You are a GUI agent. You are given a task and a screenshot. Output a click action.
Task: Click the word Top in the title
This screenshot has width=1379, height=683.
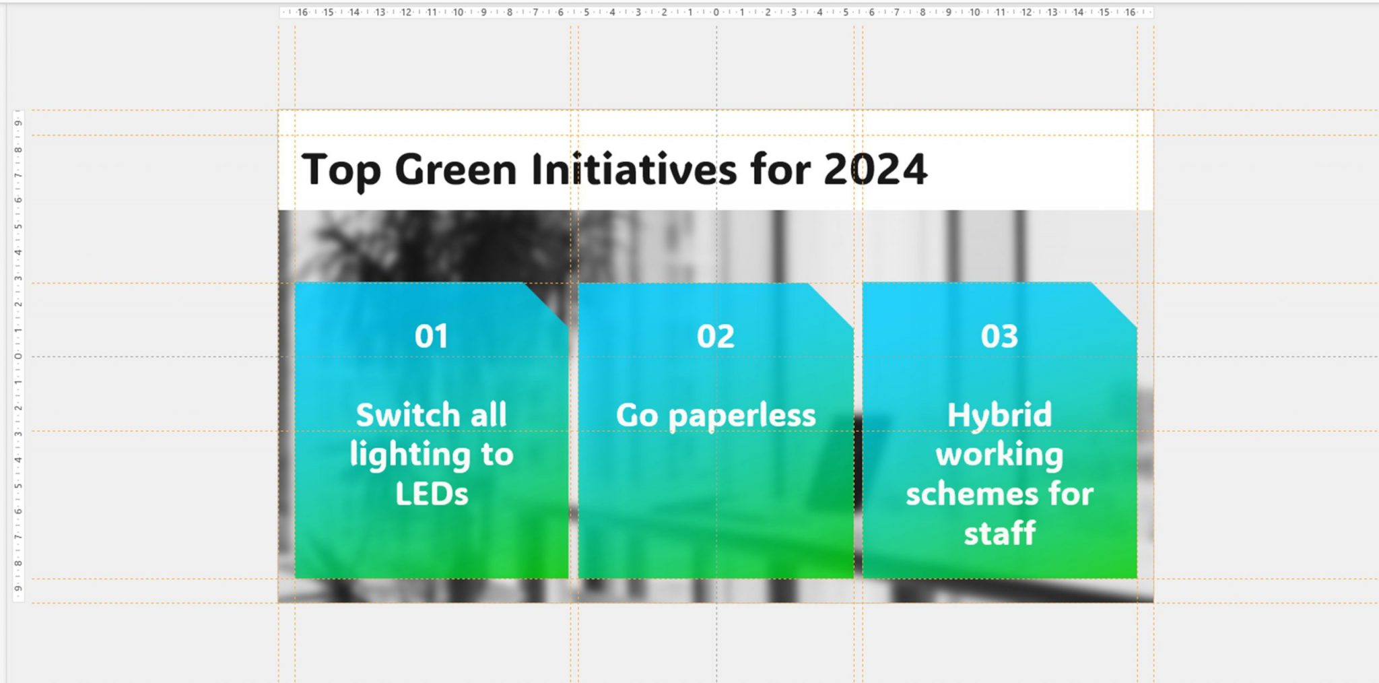coord(340,170)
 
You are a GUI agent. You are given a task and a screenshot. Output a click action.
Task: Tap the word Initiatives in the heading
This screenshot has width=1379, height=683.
coord(634,170)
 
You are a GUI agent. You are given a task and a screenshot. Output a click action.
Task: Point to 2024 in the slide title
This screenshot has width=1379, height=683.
coord(875,170)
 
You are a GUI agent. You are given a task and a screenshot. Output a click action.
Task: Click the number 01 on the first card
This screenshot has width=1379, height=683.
coord(432,336)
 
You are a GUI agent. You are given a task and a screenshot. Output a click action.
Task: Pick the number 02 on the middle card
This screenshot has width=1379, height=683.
coord(716,336)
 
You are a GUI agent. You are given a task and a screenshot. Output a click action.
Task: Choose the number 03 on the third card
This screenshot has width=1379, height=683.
coord(1000,336)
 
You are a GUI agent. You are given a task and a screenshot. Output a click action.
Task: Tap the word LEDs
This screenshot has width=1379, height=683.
coord(432,494)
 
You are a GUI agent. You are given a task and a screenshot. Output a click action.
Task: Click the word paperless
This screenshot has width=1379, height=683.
coord(742,416)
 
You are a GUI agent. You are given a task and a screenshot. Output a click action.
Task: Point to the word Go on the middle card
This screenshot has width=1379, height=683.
coord(637,416)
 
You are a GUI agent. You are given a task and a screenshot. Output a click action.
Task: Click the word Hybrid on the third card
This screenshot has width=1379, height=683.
coord(1000,415)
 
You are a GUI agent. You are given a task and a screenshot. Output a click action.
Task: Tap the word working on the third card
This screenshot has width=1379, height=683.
coord(1000,455)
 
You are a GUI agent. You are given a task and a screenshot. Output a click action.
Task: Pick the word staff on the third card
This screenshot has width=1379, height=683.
coord(1000,534)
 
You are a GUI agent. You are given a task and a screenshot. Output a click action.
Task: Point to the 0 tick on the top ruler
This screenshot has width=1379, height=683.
coord(716,12)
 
